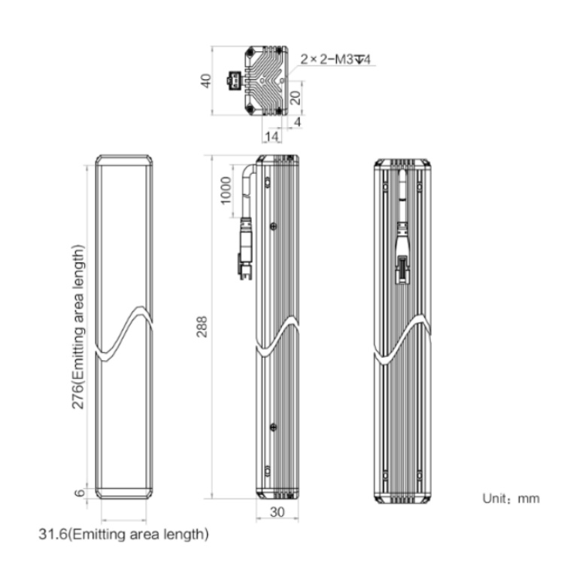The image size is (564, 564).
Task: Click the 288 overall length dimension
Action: pos(202,326)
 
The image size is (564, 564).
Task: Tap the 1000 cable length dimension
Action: pos(226,190)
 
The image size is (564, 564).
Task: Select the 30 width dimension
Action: pos(277,512)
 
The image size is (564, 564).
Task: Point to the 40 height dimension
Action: pos(206,80)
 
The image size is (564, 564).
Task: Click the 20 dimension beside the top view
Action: pos(296,98)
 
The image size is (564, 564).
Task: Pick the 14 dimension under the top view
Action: pos(271,136)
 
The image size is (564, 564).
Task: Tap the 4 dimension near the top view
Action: pos(298,122)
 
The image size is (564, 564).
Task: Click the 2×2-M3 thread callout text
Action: pos(335,59)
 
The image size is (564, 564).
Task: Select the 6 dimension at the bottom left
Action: pos(80,493)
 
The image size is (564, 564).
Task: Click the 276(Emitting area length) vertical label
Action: pos(78,327)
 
